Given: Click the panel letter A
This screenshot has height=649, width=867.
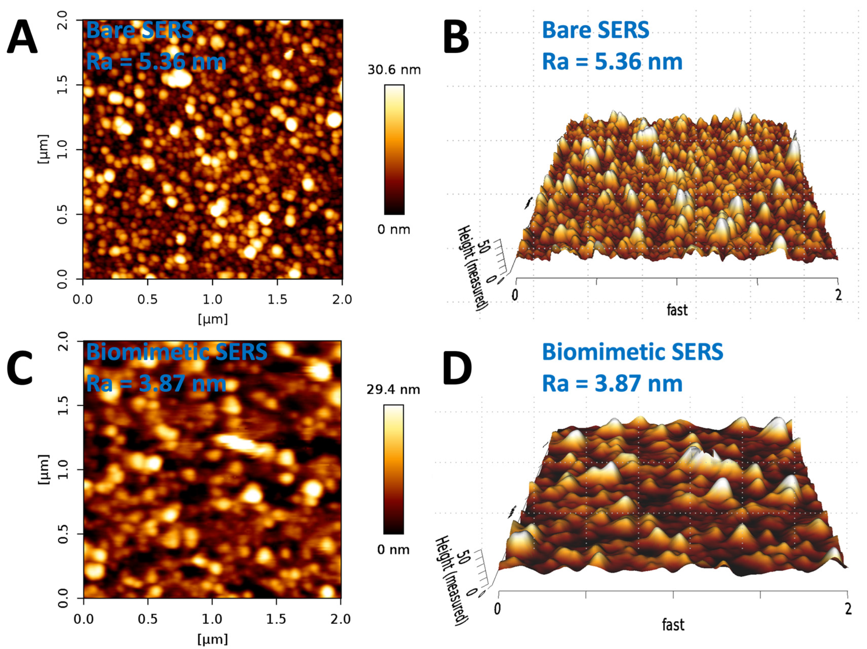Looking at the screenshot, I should click(x=22, y=37).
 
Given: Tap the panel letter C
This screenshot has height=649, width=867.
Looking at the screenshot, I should click(x=20, y=369).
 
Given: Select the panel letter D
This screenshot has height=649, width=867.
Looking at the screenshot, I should click(x=457, y=369).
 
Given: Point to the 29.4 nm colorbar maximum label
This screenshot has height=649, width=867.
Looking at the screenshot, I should click(x=393, y=390).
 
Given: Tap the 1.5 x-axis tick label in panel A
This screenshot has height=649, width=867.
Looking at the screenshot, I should click(x=277, y=300).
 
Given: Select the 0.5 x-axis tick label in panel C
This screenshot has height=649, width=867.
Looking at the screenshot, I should click(x=148, y=619).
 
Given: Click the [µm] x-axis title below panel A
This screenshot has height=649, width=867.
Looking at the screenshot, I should click(x=212, y=319).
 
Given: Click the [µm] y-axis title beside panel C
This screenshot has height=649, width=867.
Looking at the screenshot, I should click(x=44, y=469).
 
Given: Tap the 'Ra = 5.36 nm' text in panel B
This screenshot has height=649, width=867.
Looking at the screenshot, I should click(x=612, y=62).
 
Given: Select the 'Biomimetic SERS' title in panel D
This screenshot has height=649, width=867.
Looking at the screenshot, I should click(x=632, y=352).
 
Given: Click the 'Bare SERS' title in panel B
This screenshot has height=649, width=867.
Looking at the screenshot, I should click(x=595, y=30).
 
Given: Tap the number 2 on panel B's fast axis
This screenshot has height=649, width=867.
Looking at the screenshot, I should click(x=838, y=295).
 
